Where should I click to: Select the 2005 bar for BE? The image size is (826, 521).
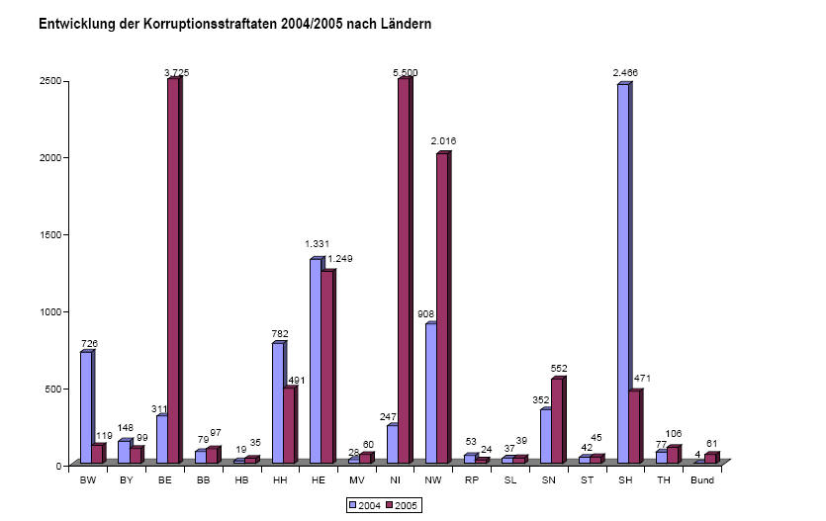tap(173, 271)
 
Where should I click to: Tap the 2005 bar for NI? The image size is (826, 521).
tap(404, 271)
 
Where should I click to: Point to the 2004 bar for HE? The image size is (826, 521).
tap(316, 361)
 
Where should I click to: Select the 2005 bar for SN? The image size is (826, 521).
tap(557, 421)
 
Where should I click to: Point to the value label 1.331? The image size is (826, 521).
tap(318, 244)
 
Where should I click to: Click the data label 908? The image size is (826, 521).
tap(425, 314)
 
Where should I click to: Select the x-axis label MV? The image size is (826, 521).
tap(357, 480)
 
